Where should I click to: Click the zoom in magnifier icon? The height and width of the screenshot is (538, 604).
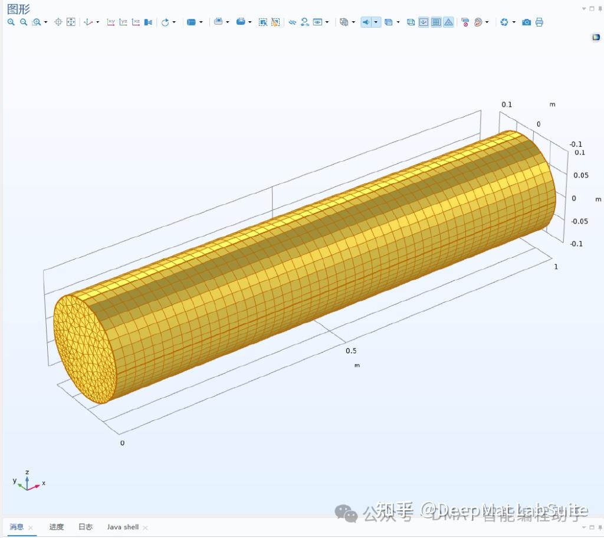point(11,22)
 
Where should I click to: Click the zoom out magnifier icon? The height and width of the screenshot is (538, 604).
point(24,22)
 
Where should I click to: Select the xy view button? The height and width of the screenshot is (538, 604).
point(111,22)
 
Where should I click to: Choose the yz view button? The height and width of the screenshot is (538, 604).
point(123,22)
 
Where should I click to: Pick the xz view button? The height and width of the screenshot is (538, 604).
point(136,22)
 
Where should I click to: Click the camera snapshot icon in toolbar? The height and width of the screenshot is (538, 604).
point(526,22)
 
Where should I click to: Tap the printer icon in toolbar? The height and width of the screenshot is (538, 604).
point(539,22)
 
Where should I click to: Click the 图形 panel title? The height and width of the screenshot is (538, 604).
point(18,9)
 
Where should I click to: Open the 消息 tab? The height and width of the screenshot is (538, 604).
point(17,527)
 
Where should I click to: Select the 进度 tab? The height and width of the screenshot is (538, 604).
point(57,527)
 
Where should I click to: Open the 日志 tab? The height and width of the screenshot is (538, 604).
point(86,527)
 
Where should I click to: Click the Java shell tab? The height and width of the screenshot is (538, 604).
point(123,527)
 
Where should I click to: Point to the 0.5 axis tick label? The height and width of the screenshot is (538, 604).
point(351,350)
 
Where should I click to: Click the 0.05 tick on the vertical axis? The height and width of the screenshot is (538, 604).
point(580,175)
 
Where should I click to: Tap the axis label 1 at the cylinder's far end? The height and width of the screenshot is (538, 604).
point(556,267)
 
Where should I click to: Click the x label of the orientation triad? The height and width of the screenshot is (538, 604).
point(44,483)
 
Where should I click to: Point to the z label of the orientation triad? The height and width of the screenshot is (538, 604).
point(27,472)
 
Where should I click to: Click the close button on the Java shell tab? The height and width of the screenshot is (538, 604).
point(146,527)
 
